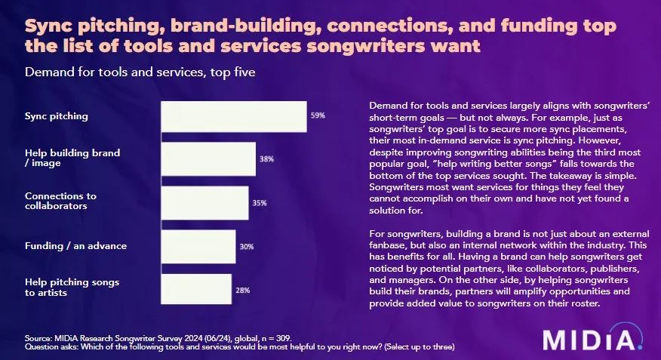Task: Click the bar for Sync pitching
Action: coord(234,116)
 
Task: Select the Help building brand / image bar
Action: coord(209,159)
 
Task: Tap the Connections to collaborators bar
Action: coord(205,202)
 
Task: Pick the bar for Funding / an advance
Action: coord(199,246)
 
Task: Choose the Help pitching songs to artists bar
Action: coord(196,289)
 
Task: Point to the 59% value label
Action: coord(318,115)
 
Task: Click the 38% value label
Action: coord(266,159)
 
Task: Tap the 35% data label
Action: coord(259,203)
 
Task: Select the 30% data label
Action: coord(247,247)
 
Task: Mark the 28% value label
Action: coord(242,290)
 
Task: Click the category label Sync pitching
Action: coord(57,116)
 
